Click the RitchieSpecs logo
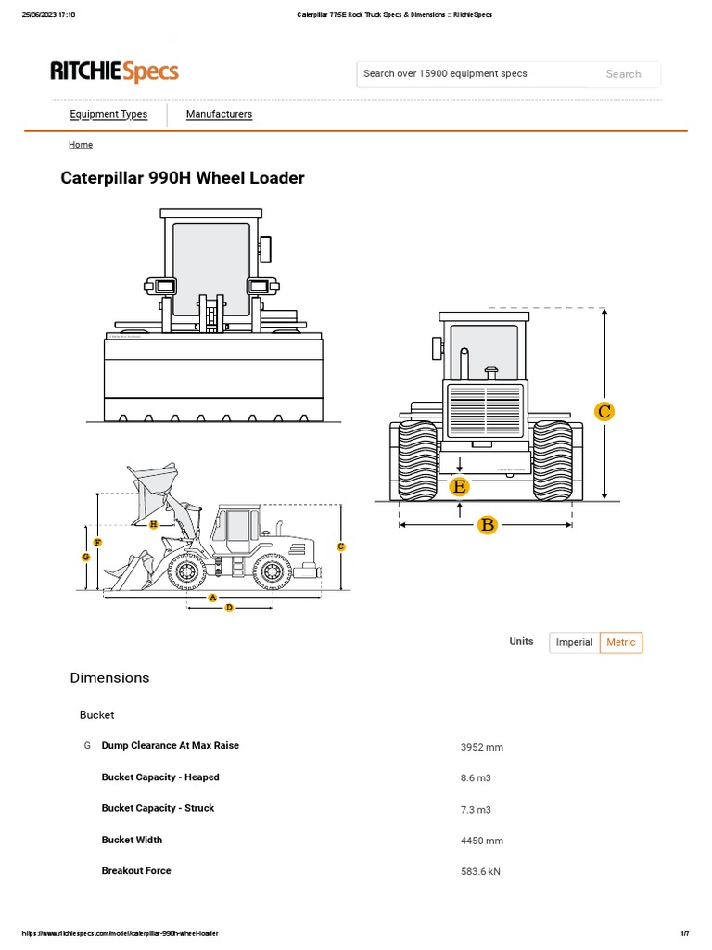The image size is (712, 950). click(114, 71)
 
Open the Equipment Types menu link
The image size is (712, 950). click(108, 114)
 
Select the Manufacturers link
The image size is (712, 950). click(219, 114)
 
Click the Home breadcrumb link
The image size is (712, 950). click(81, 145)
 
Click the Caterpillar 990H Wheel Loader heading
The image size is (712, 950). click(183, 177)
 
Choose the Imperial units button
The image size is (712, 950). click(574, 642)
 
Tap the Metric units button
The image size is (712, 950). click(620, 642)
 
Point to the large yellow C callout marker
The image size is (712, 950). click(604, 411)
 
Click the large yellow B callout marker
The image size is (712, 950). click(488, 525)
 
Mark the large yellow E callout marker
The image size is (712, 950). click(459, 486)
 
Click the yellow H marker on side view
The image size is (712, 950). click(153, 524)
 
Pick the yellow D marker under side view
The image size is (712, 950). click(229, 607)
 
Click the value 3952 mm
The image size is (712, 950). click(481, 747)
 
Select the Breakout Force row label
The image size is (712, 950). click(136, 870)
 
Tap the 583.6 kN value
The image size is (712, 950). click(480, 872)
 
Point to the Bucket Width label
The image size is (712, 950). click(132, 840)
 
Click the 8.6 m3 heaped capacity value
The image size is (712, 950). click(477, 778)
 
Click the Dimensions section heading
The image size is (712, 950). click(109, 678)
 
